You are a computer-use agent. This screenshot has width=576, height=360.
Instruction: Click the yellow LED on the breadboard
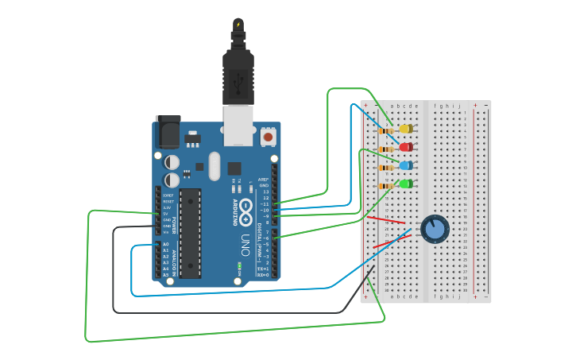(405, 129)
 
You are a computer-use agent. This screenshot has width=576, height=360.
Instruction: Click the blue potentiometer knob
(435, 229)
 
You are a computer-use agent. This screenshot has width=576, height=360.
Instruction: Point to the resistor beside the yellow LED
(386, 130)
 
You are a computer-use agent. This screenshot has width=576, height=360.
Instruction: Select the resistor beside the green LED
(386, 186)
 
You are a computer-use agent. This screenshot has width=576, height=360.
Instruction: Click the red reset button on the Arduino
(268, 137)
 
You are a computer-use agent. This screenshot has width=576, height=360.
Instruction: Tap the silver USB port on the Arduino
(238, 126)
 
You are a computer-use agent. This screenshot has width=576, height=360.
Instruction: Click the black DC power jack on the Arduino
(168, 132)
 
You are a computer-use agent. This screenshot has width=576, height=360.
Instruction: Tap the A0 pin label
(166, 244)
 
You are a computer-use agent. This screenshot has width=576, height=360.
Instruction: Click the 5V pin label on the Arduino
(167, 214)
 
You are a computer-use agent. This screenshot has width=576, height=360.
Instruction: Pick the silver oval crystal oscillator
(214, 166)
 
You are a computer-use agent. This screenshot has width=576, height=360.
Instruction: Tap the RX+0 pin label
(263, 275)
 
